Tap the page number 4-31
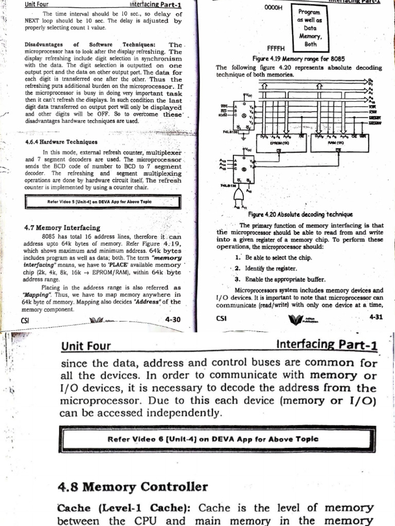tap(376, 317)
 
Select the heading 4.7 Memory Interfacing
tap(62, 227)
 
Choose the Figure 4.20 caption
tap(293, 214)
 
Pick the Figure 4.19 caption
tap(298, 59)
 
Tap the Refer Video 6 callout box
tap(213, 439)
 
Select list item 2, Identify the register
tap(272, 268)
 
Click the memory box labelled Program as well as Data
tap(311, 28)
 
